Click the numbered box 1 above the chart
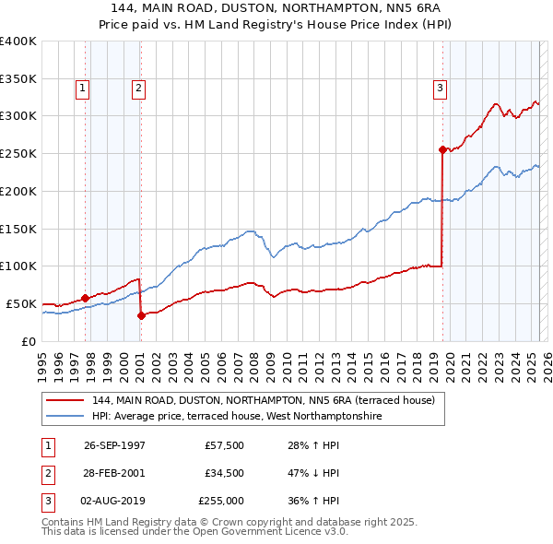[83, 89]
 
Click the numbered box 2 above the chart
[138, 89]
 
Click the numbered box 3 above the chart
[440, 89]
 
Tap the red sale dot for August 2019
[442, 148]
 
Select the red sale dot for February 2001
[141, 315]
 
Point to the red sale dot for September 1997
[86, 298]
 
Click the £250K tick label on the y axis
[18, 154]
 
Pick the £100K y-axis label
[18, 266]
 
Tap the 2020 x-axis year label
[447, 358]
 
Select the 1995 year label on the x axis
[41, 358]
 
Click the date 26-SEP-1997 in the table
[114, 445]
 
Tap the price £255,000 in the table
[221, 501]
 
